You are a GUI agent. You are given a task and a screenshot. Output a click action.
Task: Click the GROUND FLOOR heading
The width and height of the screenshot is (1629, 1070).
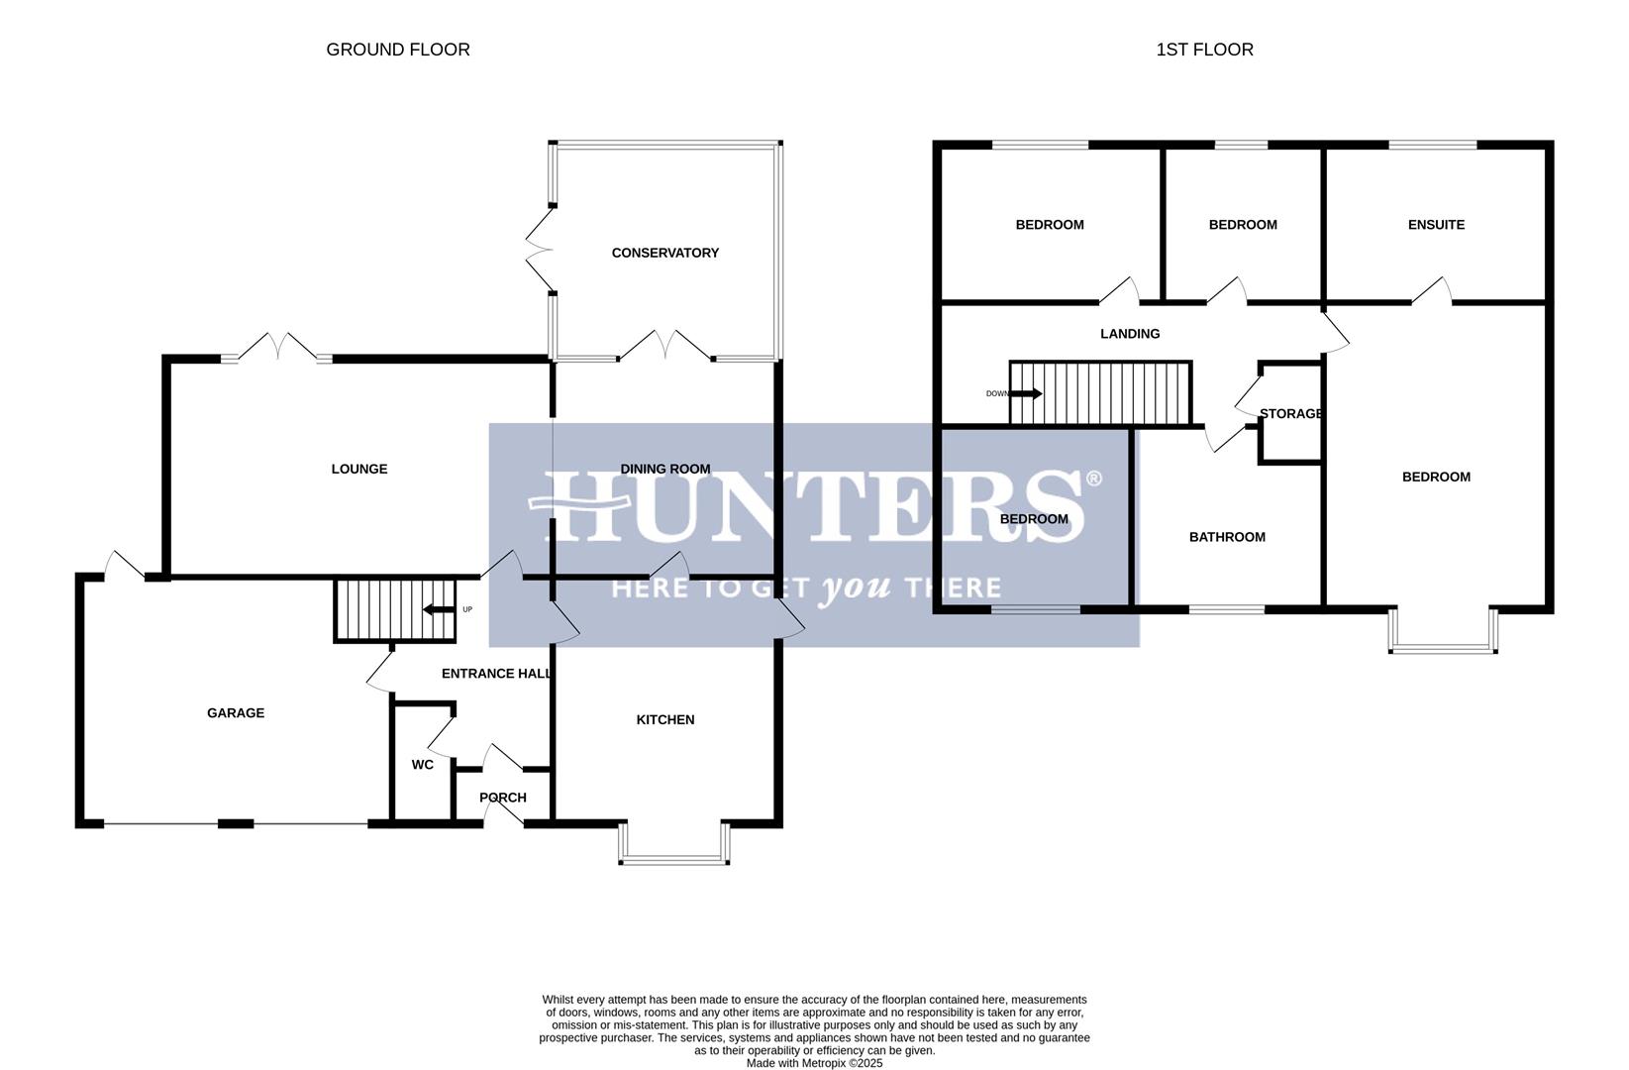pos(398,50)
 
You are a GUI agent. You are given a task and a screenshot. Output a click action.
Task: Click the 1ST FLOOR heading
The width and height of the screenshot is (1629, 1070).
pos(1204,50)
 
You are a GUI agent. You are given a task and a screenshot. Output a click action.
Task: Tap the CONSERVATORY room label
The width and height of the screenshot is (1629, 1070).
pos(664,253)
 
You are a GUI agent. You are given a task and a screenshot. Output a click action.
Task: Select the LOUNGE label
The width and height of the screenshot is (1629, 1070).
pos(359,469)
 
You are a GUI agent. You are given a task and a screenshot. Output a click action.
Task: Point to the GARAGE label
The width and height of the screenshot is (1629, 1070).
pos(236,712)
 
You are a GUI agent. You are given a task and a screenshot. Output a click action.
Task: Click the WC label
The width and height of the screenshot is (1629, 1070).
pos(423,765)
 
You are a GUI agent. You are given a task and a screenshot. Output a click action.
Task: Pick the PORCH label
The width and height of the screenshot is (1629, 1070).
pos(503,798)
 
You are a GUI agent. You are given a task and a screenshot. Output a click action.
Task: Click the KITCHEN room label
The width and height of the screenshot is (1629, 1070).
pos(664,719)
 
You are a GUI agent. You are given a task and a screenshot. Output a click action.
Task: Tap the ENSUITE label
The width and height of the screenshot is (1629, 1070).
pos(1436,225)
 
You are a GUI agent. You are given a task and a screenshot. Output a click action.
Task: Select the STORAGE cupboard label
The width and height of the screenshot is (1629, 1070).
pos(1291,413)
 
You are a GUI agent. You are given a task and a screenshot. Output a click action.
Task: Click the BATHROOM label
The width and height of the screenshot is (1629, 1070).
pos(1227,537)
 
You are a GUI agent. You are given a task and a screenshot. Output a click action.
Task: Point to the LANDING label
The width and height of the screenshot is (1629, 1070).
pos(1130,334)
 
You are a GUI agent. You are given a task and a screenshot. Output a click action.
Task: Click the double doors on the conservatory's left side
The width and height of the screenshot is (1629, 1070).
pos(540,250)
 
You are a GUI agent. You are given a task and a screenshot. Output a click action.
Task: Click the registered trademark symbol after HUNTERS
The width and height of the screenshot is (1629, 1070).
pos(1093,480)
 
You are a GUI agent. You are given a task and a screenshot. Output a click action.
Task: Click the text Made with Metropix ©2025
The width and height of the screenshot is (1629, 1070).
pos(814,1063)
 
